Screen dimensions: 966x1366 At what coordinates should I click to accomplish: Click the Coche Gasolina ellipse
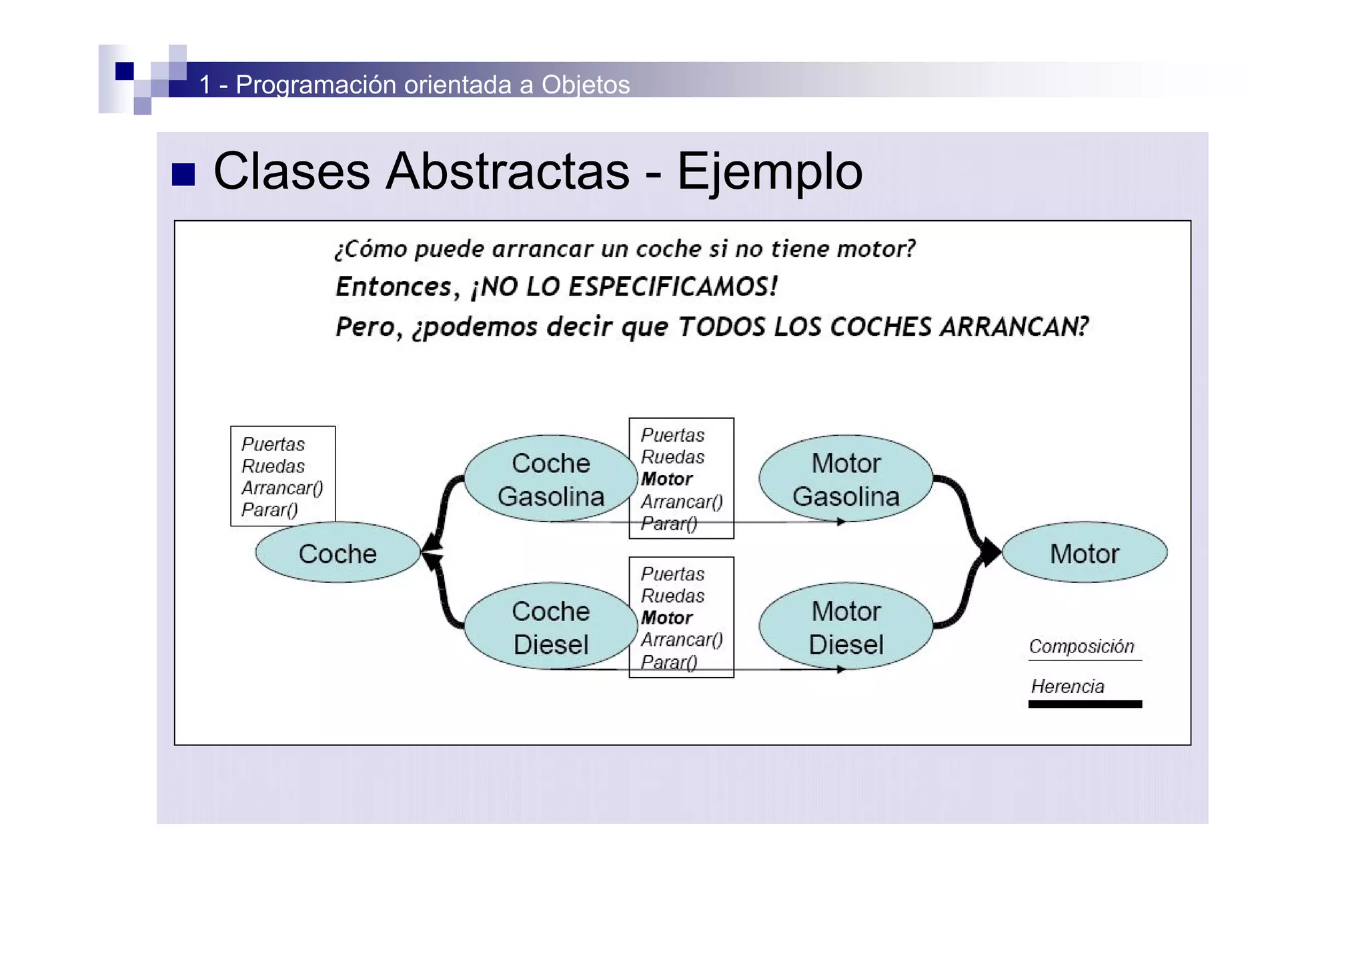tap(550, 479)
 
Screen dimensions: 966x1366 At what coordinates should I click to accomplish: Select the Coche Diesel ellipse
tap(550, 627)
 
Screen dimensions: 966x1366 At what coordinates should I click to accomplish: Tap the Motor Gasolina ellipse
tap(846, 479)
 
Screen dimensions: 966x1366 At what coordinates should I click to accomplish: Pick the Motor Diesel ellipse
tap(846, 627)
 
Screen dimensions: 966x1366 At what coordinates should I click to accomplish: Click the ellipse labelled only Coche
tap(337, 553)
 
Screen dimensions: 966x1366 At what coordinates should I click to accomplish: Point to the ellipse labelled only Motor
tap(1085, 553)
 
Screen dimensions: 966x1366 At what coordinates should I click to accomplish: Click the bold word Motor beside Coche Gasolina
tap(666, 479)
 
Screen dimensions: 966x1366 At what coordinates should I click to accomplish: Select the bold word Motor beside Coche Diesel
tap(666, 618)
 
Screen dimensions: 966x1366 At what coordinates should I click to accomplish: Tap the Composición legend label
tap(1081, 646)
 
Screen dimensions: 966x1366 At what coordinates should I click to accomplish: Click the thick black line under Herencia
tap(1085, 704)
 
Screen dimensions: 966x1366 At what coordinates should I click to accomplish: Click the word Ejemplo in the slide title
tap(770, 171)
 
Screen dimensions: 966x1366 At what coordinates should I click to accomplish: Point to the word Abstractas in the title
tap(508, 171)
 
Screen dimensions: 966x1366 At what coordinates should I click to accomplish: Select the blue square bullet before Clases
tap(183, 174)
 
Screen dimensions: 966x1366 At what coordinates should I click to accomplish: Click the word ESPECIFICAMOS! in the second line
tap(673, 287)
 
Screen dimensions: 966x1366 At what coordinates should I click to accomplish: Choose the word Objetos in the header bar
tap(586, 85)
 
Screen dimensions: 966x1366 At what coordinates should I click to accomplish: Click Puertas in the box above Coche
tap(273, 444)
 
